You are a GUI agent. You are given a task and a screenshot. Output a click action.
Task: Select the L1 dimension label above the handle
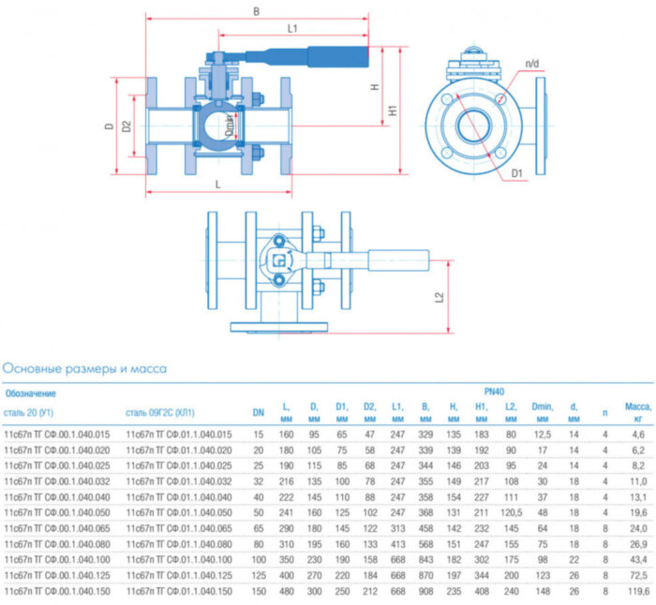(292, 29)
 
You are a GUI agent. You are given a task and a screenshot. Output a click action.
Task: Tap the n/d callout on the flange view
(532, 64)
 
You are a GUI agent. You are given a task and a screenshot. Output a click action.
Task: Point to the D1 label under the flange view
(517, 173)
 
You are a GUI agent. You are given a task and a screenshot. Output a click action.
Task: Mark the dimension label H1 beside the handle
(394, 110)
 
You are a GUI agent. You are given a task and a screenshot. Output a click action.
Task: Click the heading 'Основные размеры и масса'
(84, 369)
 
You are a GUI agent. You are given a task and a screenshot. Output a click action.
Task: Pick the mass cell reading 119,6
(637, 593)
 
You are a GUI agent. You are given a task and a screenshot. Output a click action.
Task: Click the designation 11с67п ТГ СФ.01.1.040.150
(179, 593)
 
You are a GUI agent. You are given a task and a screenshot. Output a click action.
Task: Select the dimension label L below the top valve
(217, 184)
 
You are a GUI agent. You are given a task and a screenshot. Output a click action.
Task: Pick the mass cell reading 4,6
(638, 435)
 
